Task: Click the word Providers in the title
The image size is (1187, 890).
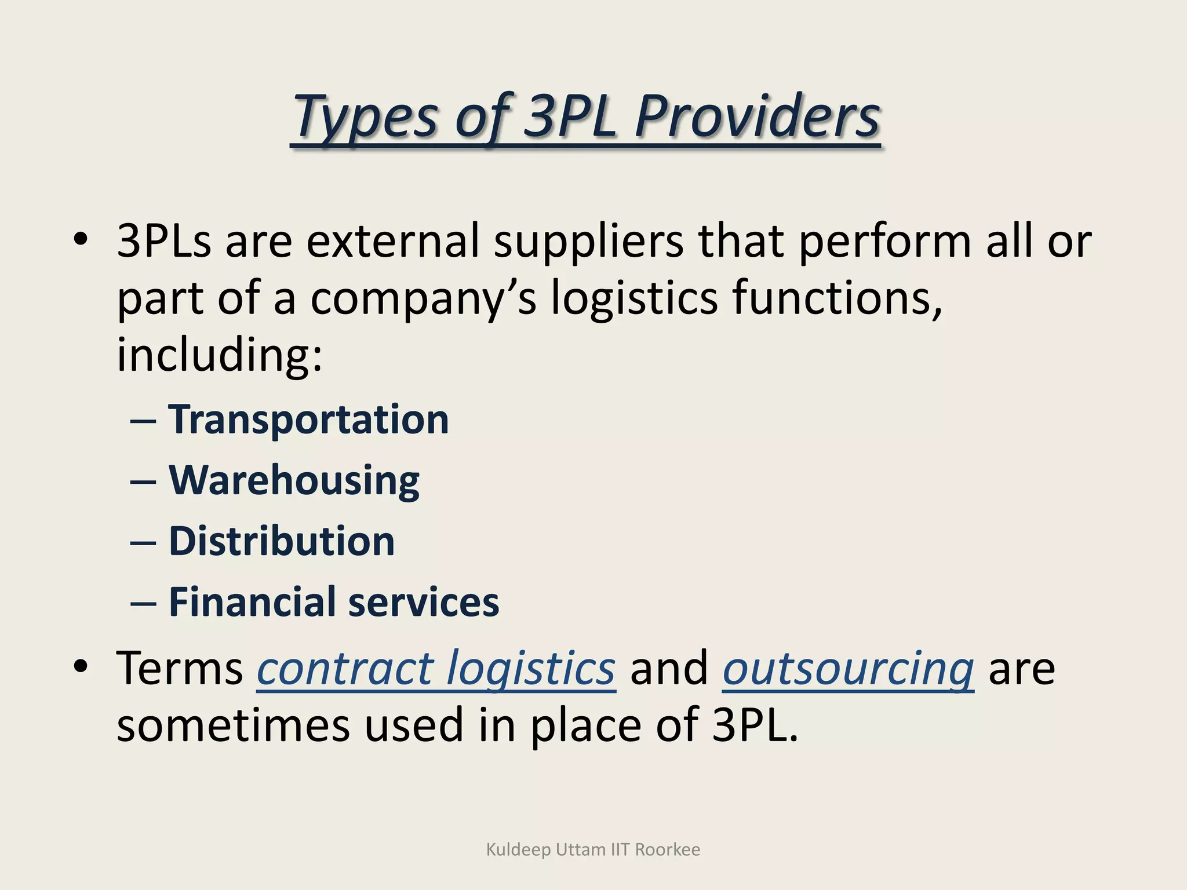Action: point(758,117)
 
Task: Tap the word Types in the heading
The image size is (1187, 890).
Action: point(365,117)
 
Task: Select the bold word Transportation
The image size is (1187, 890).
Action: point(308,420)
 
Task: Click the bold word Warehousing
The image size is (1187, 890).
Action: point(294,480)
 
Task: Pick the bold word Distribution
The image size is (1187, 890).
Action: point(282,541)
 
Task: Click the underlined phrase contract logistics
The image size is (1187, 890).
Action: point(436,669)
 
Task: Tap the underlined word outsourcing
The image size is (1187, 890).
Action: point(848,669)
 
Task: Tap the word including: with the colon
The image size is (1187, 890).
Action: point(219,355)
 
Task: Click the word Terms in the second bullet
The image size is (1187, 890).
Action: point(180,669)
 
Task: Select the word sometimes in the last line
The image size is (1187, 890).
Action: point(233,725)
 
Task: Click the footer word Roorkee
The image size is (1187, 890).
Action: point(667,849)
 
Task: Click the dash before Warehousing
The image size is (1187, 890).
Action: point(143,482)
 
